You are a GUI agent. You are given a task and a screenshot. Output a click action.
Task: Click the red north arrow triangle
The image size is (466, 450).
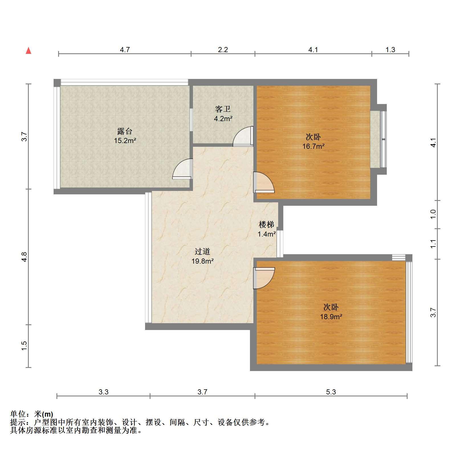[29, 51]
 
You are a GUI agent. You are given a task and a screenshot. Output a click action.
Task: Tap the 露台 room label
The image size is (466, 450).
[125, 131]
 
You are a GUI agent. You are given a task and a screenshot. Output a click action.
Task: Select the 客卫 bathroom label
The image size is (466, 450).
[223, 109]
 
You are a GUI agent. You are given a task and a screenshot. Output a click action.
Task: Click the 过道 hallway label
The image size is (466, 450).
[202, 251]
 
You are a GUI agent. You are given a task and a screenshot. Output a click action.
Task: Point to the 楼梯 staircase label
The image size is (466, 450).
[266, 225]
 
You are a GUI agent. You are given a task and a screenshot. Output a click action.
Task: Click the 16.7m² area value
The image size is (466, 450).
[313, 146]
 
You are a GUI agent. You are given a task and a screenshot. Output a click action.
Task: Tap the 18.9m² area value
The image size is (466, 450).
[331, 317]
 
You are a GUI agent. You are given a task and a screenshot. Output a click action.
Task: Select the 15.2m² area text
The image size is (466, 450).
[125, 141]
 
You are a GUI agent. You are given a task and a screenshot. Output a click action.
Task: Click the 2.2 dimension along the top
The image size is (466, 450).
[223, 50]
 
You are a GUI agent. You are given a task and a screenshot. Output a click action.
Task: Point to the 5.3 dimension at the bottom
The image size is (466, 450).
[331, 392]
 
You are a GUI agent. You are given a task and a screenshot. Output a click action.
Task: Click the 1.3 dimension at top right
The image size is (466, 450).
[390, 50]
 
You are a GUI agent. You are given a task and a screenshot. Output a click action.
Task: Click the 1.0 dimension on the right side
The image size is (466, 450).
[433, 214]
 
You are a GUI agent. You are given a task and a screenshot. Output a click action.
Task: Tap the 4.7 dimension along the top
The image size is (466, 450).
[125, 50]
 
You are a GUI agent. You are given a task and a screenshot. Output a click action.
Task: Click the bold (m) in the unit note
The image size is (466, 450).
[48, 414]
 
